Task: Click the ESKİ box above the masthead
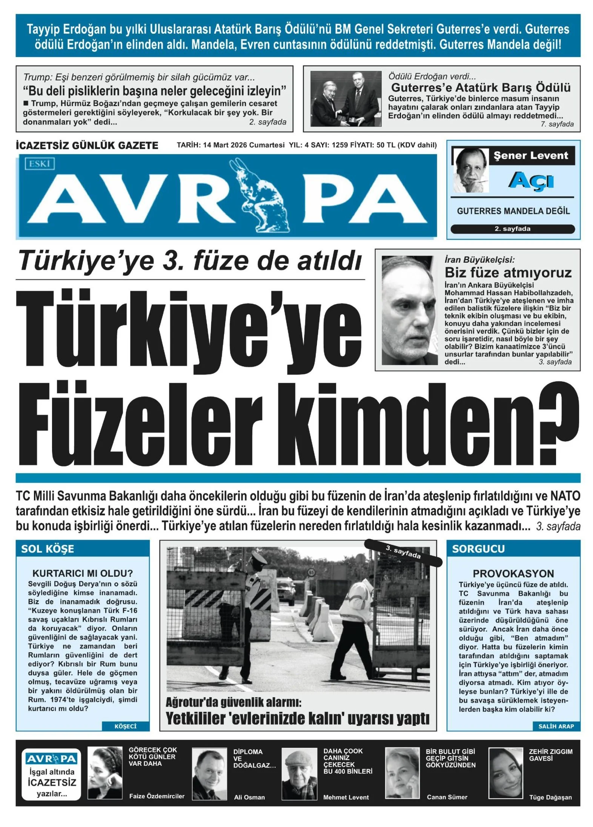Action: [x=39, y=164]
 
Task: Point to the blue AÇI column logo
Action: [x=531, y=182]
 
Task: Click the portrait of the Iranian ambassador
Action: [x=410, y=310]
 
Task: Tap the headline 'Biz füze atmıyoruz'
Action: [x=508, y=273]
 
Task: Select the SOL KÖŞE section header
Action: [x=48, y=549]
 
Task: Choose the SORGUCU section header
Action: [x=478, y=549]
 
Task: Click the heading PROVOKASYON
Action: [x=513, y=574]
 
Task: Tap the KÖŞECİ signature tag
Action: [x=125, y=726]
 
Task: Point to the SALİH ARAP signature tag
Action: [x=556, y=726]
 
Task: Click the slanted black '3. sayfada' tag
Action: [x=403, y=552]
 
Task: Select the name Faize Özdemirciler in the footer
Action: [x=157, y=796]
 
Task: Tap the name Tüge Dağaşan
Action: [x=550, y=797]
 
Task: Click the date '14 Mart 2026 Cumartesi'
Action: [x=244, y=145]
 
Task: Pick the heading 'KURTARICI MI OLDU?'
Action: [x=82, y=574]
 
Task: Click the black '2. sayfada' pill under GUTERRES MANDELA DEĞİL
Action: [x=512, y=229]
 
